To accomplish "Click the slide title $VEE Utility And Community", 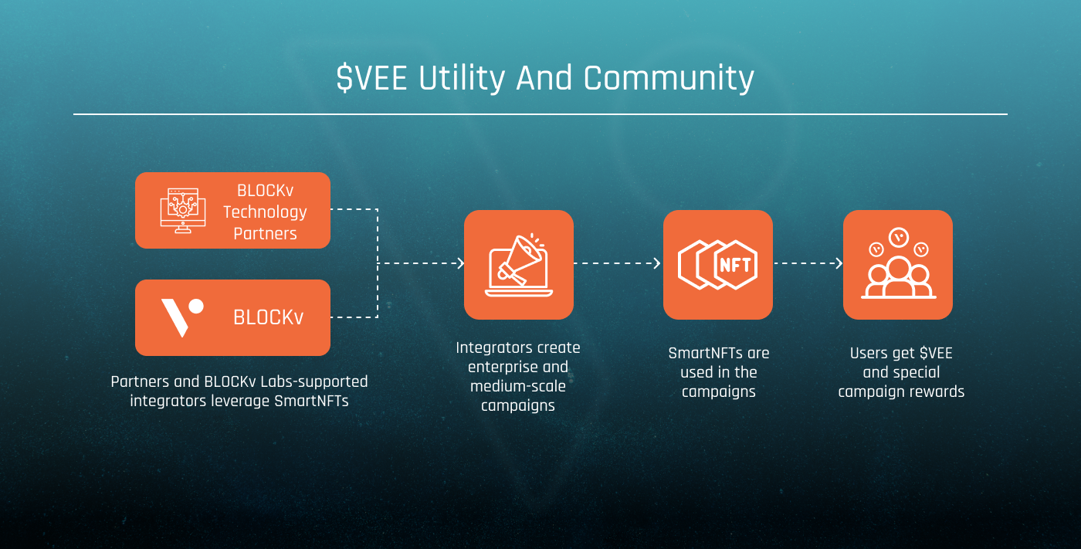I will click(x=544, y=79).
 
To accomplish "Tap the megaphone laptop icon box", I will click(x=518, y=264).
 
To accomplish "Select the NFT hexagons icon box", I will click(x=717, y=264).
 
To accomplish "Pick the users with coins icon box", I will click(x=897, y=264).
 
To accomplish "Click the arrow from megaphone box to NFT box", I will click(x=618, y=263).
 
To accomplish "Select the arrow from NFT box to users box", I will click(x=808, y=263).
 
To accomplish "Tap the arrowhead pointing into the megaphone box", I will click(x=460, y=263).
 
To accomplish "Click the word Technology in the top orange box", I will click(x=265, y=212).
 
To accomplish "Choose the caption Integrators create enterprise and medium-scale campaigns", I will click(x=518, y=376).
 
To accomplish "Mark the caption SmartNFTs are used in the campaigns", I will click(x=718, y=372).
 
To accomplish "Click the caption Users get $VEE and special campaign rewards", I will click(x=901, y=372).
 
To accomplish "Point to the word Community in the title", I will click(x=669, y=79).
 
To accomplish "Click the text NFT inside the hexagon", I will click(x=734, y=265).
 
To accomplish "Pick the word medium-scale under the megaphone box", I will click(x=518, y=386).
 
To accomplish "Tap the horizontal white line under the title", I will click(x=540, y=114).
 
